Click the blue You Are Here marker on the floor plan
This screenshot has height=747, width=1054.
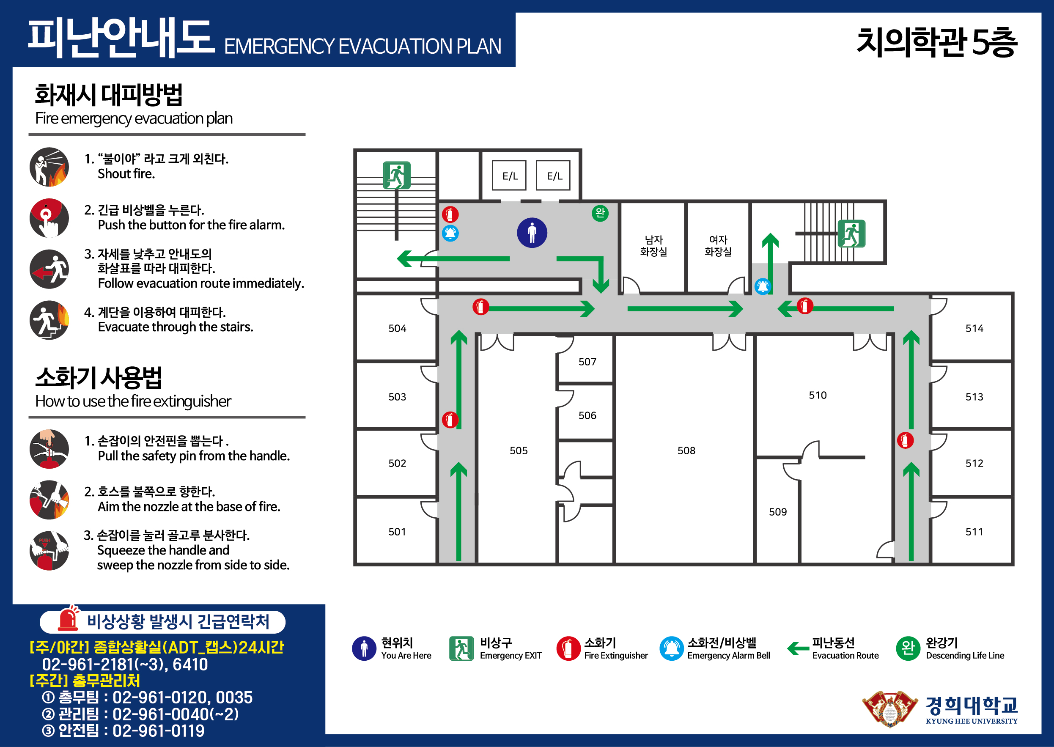click(532, 233)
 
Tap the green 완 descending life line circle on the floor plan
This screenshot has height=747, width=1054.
click(600, 213)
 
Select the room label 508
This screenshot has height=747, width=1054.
click(686, 450)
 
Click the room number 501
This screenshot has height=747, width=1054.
click(397, 532)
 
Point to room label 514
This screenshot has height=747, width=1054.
click(974, 328)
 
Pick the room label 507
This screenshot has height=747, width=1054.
click(587, 362)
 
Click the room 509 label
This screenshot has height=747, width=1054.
click(778, 512)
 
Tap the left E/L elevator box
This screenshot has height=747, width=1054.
click(509, 175)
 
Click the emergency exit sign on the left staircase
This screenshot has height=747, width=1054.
click(396, 175)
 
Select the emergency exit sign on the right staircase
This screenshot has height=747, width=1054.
click(851, 233)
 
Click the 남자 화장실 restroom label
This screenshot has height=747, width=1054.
click(653, 246)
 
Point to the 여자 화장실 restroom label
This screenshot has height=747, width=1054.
click(718, 246)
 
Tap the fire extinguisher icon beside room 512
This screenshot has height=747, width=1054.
click(905, 440)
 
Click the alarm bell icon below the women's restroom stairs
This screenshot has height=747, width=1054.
click(763, 286)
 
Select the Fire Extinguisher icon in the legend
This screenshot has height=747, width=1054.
click(568, 648)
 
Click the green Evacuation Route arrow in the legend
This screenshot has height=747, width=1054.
click(798, 648)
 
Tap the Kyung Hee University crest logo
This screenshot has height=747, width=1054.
click(890, 709)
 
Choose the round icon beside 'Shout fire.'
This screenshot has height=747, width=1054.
click(49, 167)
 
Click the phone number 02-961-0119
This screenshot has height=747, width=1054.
click(158, 731)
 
